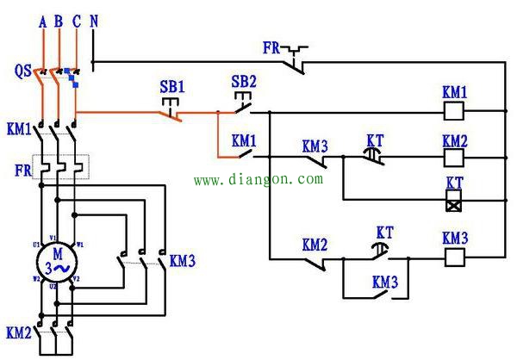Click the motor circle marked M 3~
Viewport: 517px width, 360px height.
(x=59, y=259)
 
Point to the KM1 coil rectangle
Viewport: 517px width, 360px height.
(x=454, y=111)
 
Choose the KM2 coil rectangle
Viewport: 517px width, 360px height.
(x=454, y=158)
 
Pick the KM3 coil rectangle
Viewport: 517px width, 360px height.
(x=454, y=256)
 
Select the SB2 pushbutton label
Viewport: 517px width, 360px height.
(x=245, y=82)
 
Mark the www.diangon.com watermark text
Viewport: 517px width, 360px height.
(x=258, y=180)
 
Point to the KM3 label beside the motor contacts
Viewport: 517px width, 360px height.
(x=183, y=259)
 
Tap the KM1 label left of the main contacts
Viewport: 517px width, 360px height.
(x=18, y=130)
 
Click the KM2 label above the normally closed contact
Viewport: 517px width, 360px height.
(x=315, y=245)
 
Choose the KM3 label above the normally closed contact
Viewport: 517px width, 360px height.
(x=315, y=146)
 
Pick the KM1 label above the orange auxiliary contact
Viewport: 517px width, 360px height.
(x=244, y=140)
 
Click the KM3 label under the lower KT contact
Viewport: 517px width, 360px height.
(x=385, y=281)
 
